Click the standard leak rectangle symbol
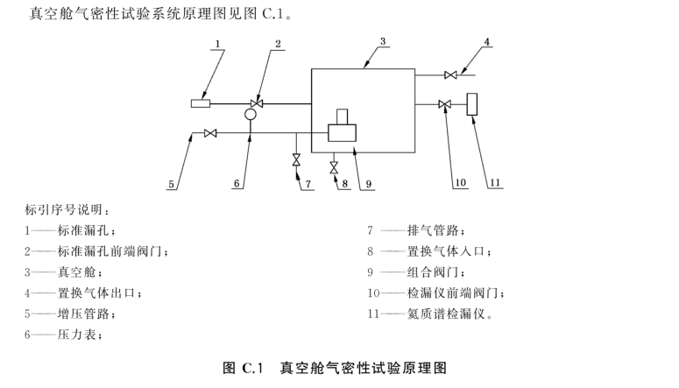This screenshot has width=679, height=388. tap(201, 104)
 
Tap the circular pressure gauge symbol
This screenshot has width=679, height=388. tap(251, 114)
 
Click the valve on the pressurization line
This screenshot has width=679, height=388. tap(210, 133)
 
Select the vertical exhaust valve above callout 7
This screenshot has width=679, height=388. tap(296, 160)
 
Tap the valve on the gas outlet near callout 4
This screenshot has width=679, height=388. tap(450, 74)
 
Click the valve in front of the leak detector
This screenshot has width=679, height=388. tap(444, 105)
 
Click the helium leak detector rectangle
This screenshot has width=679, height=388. tap(471, 102)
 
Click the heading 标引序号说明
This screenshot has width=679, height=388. tap(68, 210)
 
